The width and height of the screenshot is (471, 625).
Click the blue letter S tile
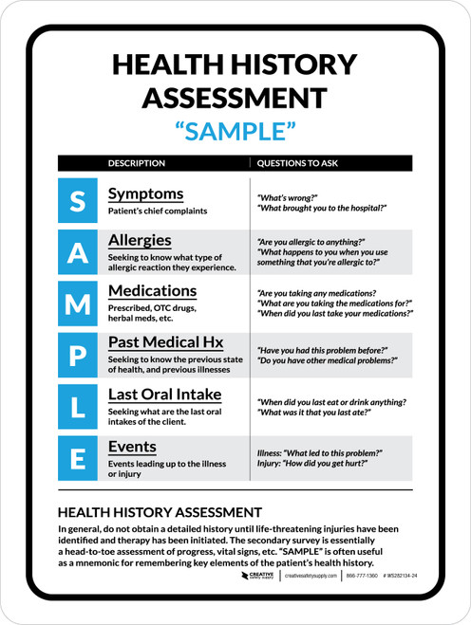[x=78, y=200]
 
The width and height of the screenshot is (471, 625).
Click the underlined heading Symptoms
[x=145, y=193]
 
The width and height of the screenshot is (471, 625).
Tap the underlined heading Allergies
[x=140, y=240]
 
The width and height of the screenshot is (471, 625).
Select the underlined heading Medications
[x=152, y=290]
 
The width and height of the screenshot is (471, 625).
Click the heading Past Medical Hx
[x=165, y=341]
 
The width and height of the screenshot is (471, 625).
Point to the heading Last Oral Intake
[x=165, y=394]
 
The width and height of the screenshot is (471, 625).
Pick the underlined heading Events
[x=132, y=446]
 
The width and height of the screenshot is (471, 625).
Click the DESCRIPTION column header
[x=137, y=163]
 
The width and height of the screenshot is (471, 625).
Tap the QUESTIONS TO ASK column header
[x=297, y=163]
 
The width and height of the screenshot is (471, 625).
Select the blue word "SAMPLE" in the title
[x=235, y=131]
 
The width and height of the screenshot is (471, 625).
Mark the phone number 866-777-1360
[x=362, y=602]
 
